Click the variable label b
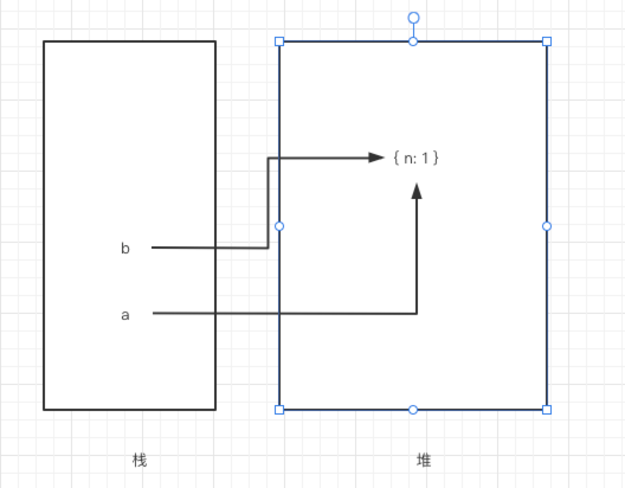click(125, 249)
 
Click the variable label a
click(125, 315)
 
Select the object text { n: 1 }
click(415, 158)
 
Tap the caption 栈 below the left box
click(140, 460)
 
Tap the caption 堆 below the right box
click(424, 460)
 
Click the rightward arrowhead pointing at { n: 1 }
click(377, 158)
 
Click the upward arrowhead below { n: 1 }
click(417, 191)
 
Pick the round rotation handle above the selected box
click(414, 18)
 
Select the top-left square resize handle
click(279, 41)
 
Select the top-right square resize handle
click(547, 41)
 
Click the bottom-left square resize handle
click(279, 410)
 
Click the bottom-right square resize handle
click(547, 410)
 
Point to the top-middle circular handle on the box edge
click(414, 41)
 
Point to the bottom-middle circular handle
click(414, 410)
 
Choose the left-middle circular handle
click(279, 226)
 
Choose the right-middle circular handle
click(547, 226)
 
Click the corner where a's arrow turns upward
click(417, 313)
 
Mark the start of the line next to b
click(153, 248)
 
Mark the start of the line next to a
click(154, 313)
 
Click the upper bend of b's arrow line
click(268, 158)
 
